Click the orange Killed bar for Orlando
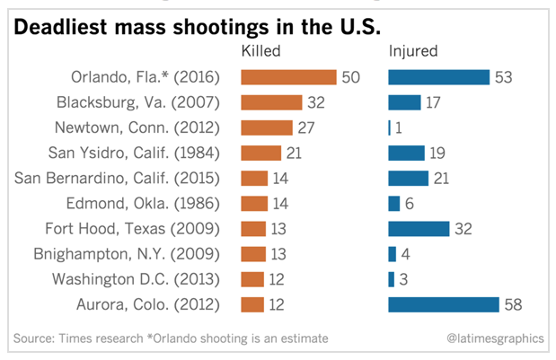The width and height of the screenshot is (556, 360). coord(288,77)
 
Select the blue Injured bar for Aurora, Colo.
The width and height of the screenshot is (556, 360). coord(443,304)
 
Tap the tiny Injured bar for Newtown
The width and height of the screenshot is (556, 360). coord(389,127)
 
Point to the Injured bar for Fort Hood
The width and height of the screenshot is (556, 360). coord(419,229)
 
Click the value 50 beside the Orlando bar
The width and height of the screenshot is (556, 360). coord(350,77)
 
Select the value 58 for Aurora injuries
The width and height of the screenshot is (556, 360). coord(513,304)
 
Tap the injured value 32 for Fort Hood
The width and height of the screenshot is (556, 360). coord(463,229)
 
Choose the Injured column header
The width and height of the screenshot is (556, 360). coord(412,51)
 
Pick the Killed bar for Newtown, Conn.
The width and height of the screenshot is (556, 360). coord(267,127)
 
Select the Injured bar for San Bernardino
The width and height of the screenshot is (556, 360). coord(408,178)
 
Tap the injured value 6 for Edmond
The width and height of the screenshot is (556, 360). coord(410,203)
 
